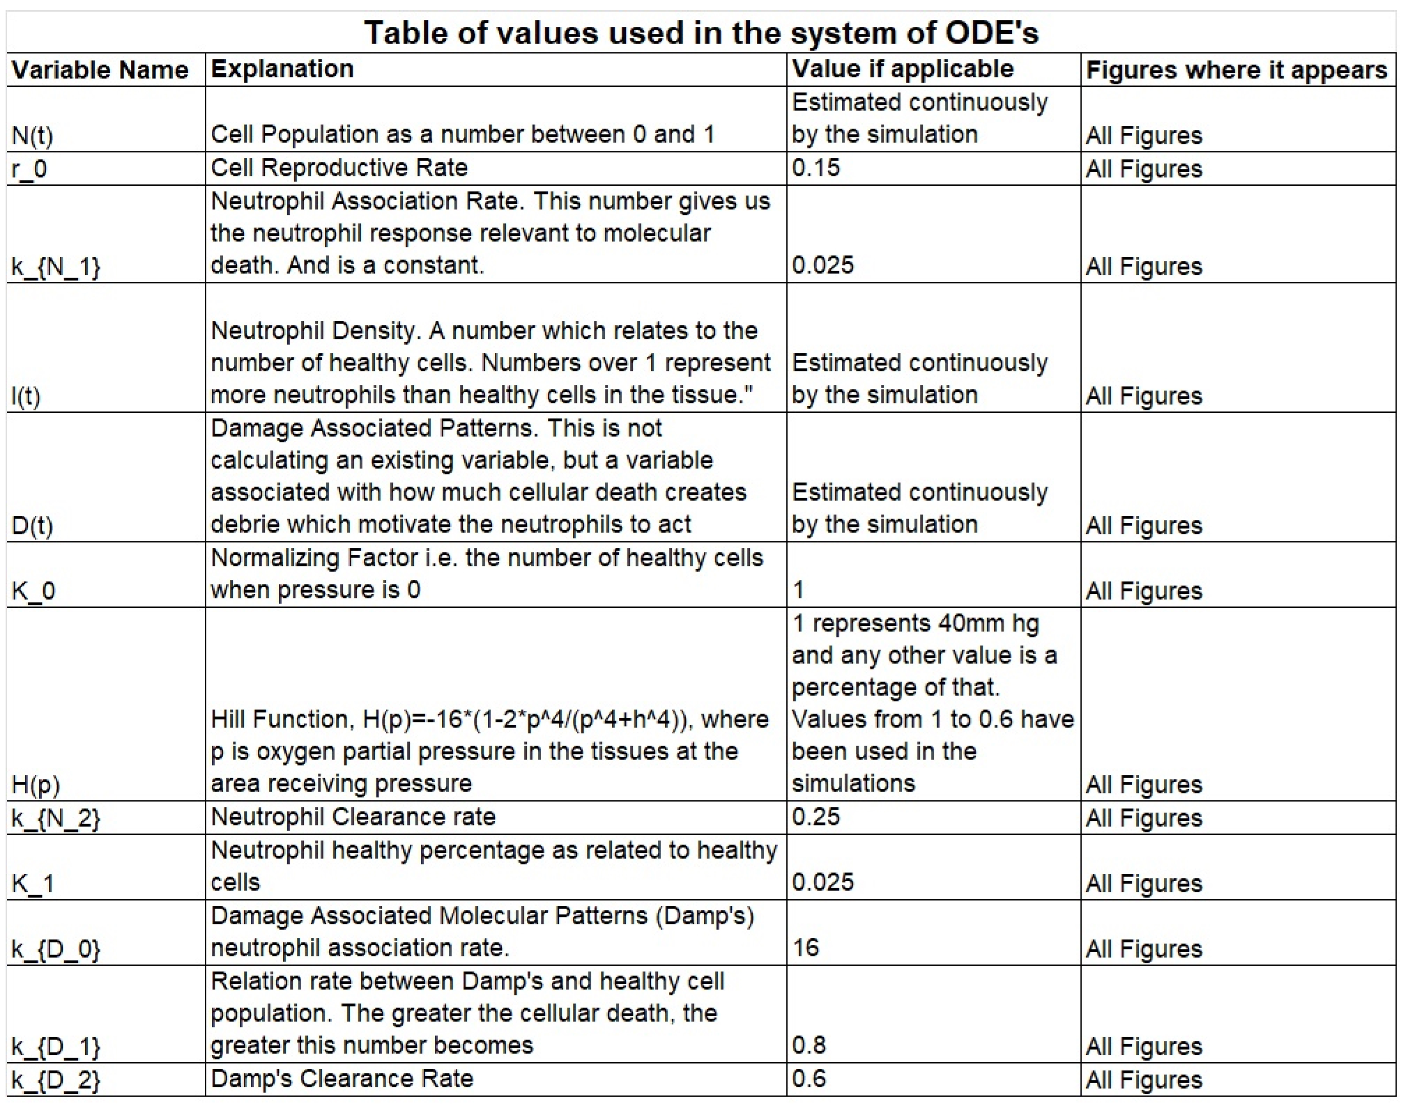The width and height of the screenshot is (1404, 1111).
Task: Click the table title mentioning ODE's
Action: (701, 32)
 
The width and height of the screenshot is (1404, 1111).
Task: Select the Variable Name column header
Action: (100, 70)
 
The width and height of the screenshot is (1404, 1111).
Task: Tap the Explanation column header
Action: (282, 68)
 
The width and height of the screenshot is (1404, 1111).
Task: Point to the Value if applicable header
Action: (902, 68)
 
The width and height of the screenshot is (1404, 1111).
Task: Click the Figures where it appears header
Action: (1236, 70)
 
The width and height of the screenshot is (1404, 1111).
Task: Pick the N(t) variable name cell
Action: (33, 135)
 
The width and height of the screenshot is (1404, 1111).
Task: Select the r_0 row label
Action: (29, 169)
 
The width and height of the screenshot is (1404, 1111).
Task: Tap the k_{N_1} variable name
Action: (56, 266)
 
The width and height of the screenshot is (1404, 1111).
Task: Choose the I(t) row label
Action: (26, 396)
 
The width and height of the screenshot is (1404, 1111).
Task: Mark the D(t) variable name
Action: (33, 526)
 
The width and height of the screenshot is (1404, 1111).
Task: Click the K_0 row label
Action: (34, 591)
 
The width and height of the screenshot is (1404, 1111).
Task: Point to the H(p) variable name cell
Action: (36, 785)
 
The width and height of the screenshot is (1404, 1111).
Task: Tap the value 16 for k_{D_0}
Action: (806, 948)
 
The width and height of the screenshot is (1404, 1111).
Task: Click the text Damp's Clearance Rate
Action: (342, 1079)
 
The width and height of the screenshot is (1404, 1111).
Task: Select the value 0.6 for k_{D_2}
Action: (808, 1079)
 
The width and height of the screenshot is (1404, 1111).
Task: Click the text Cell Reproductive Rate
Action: (339, 168)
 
